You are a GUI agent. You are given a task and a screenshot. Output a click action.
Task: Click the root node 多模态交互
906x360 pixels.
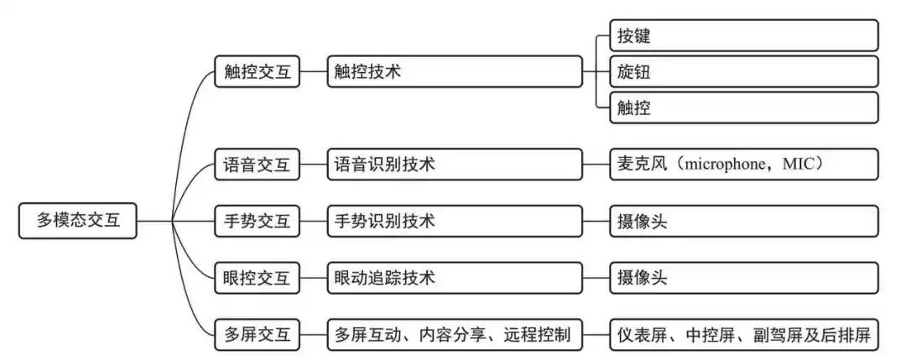click(x=78, y=220)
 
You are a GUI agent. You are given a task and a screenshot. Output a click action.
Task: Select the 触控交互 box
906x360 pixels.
click(x=258, y=71)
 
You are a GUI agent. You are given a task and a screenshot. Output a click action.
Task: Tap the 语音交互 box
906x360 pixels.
click(x=258, y=164)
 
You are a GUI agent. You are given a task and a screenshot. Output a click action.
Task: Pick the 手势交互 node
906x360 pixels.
click(x=258, y=221)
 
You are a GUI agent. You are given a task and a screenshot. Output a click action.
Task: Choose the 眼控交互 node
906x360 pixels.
click(x=258, y=278)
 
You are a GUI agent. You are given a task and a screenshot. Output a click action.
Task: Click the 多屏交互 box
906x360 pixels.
click(x=258, y=334)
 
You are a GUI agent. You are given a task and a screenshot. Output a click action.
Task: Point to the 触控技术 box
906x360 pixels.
click(x=455, y=71)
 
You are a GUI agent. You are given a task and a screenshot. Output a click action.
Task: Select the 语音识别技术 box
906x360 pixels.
click(x=455, y=164)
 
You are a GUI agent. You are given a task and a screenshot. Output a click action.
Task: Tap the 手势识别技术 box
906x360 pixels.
click(x=455, y=221)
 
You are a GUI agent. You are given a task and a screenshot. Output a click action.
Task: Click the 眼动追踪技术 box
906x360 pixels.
click(x=455, y=278)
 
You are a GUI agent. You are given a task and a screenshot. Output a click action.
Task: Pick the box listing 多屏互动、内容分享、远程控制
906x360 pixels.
click(x=455, y=334)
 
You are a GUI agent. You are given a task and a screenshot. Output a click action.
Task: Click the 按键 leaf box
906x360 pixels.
click(x=744, y=35)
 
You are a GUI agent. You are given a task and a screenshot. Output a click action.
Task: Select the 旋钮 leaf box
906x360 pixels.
click(x=744, y=71)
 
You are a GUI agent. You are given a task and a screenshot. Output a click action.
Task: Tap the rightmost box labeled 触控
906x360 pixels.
click(x=744, y=107)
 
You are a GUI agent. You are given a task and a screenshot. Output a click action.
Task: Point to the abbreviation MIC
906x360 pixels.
click(x=798, y=164)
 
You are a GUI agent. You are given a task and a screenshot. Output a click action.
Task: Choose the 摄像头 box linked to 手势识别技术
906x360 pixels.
click(x=744, y=221)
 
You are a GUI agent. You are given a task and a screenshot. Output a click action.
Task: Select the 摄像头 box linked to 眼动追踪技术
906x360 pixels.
click(x=744, y=278)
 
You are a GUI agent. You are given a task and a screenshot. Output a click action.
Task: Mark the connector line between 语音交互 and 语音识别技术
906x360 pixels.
click(x=314, y=164)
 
